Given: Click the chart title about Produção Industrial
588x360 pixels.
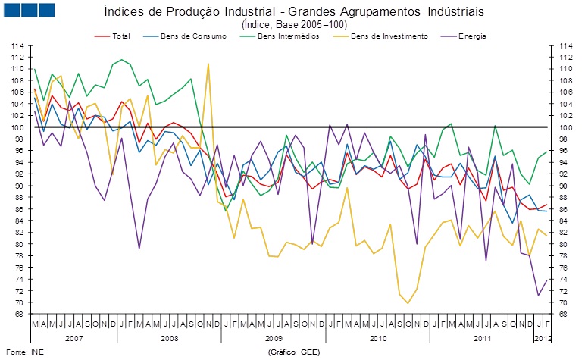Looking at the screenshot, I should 292,12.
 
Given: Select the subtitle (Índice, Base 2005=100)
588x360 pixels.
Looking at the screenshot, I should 292,24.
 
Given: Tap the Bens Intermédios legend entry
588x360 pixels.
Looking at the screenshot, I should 288,36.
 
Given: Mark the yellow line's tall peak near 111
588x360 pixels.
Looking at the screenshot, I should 208,64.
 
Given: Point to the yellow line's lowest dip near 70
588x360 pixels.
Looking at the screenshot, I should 408,303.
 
